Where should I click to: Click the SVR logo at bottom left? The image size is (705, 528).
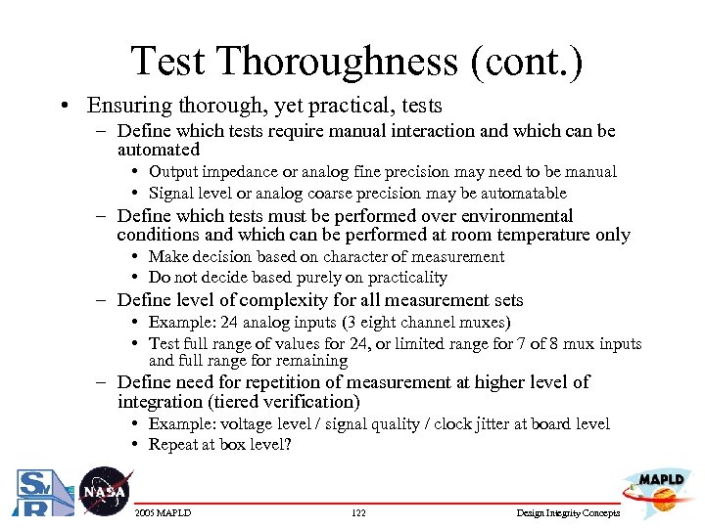point(35,492)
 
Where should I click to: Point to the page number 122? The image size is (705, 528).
point(357,513)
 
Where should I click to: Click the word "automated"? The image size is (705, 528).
point(158,151)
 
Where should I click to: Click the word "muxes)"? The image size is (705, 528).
point(486,323)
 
